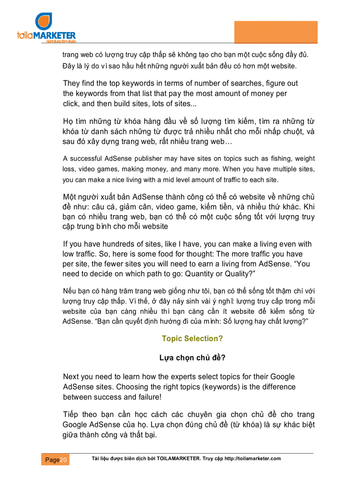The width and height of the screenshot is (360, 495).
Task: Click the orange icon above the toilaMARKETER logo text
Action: [44, 22]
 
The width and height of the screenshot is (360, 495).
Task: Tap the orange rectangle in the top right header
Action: [275, 32]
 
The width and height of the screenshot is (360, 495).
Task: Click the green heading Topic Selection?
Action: [192, 339]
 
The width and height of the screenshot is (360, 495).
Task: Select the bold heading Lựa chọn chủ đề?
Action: [192, 358]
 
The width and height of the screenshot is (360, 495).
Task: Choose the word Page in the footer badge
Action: [52, 460]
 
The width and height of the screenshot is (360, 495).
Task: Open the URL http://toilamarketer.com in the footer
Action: [253, 458]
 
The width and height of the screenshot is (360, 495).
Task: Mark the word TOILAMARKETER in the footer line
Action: [179, 458]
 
